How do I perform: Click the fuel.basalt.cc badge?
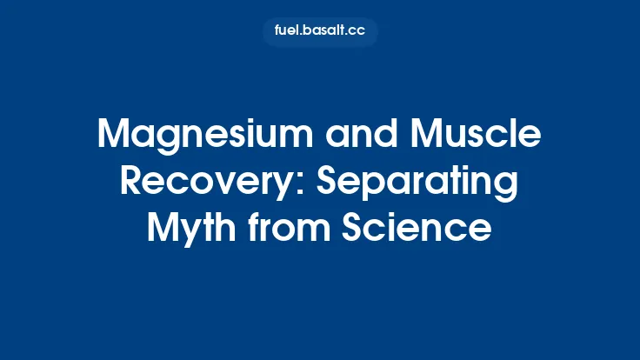(x=320, y=31)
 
